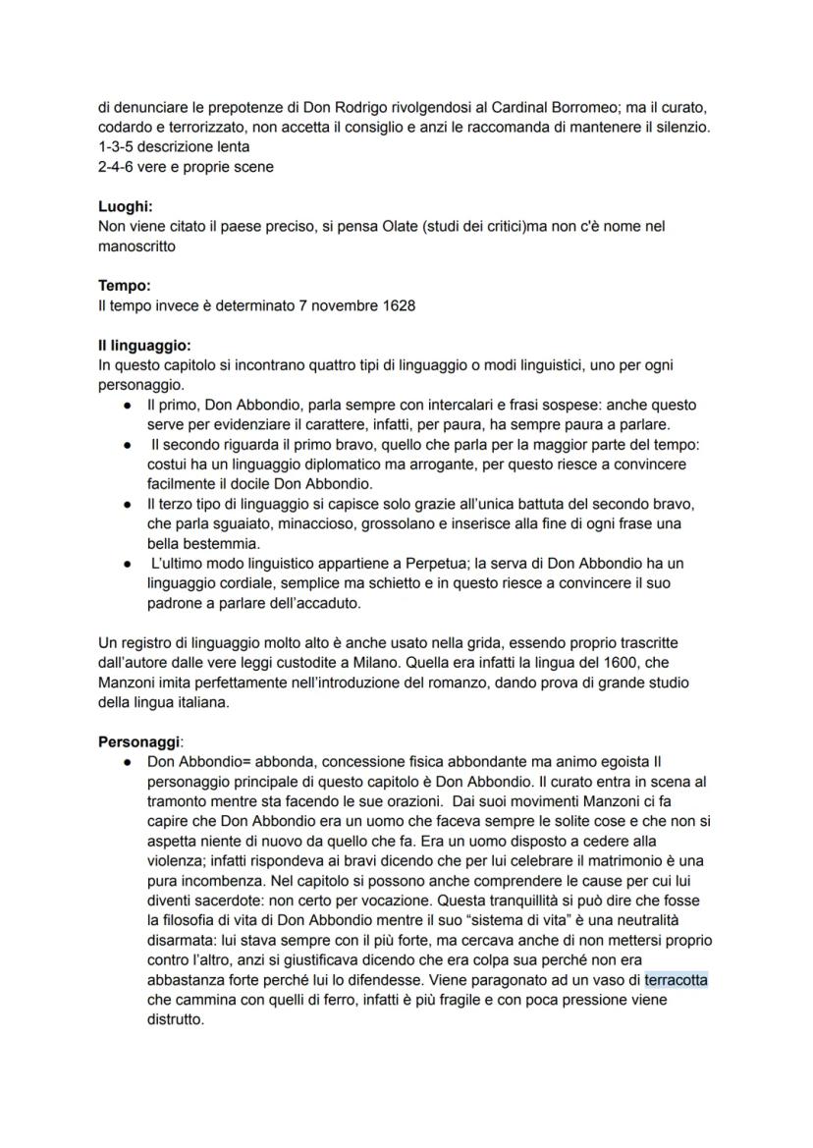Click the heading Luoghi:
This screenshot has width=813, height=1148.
[x=126, y=206]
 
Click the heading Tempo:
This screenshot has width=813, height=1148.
[x=125, y=286]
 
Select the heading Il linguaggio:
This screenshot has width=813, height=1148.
[x=144, y=346]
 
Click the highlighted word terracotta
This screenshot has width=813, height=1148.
[x=677, y=980]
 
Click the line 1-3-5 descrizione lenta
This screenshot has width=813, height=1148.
[x=174, y=146]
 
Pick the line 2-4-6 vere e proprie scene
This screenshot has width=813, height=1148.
[x=186, y=166]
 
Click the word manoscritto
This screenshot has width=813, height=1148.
[x=137, y=246]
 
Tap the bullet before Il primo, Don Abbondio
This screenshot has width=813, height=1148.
[x=130, y=405]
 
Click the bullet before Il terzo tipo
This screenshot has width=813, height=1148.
[x=130, y=504]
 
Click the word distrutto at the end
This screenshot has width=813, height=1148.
[x=175, y=1019]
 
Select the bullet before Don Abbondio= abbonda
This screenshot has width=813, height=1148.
[x=130, y=761]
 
